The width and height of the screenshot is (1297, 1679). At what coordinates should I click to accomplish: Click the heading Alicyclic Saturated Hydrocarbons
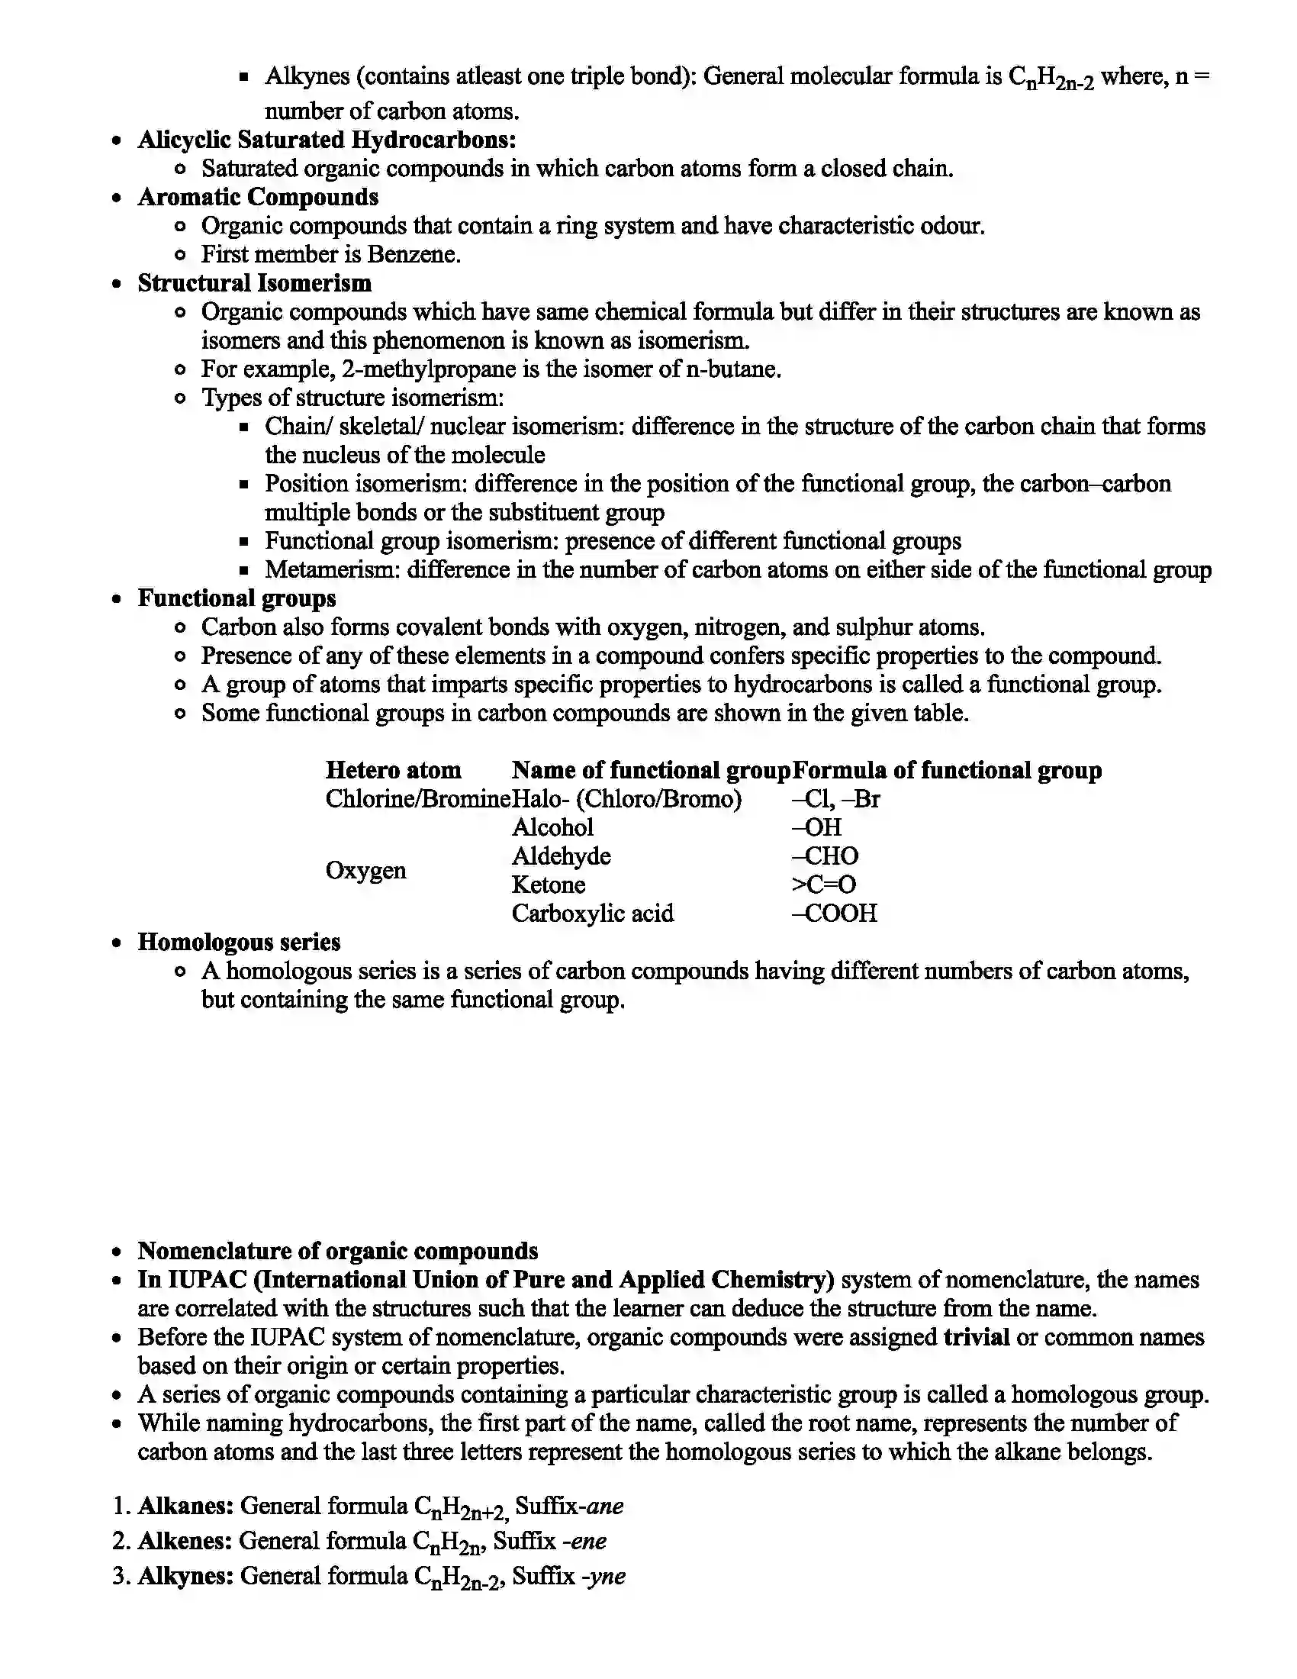tap(327, 140)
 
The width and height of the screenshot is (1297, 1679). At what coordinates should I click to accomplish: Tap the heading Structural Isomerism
tap(254, 283)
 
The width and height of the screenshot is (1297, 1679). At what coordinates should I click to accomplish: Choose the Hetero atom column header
tap(394, 769)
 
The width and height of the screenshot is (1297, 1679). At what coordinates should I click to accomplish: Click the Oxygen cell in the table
tap(365, 870)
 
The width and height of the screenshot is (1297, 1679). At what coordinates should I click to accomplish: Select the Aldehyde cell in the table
tap(561, 856)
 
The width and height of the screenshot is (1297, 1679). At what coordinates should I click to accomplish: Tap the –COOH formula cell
tap(834, 914)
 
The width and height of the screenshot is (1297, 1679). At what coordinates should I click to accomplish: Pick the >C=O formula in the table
tap(824, 885)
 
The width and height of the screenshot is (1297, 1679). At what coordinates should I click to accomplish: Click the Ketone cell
tap(549, 885)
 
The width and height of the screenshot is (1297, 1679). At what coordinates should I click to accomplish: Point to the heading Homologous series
tap(239, 942)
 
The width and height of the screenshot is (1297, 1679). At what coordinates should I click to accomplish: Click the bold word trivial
tap(976, 1337)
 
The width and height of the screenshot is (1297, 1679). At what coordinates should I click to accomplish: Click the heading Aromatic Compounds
tap(258, 197)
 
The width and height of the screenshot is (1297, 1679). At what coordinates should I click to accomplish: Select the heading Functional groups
tap(237, 598)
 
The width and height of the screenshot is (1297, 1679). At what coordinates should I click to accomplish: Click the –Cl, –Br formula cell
tap(835, 799)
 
